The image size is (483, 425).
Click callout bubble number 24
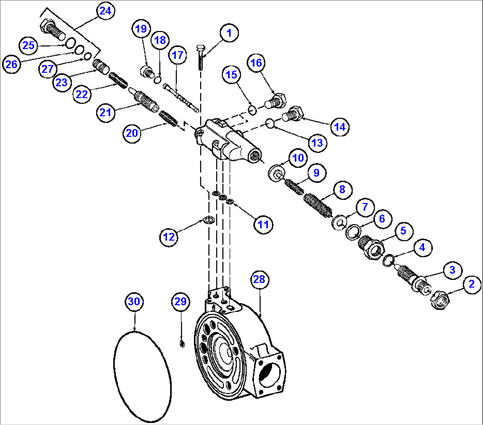click(x=105, y=12)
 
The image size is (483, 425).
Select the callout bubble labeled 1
click(x=229, y=33)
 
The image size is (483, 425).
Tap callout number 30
click(x=134, y=302)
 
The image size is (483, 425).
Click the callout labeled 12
click(x=169, y=237)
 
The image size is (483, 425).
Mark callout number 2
click(x=471, y=284)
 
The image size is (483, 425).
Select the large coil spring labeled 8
click(x=318, y=204)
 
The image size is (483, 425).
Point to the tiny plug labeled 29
click(x=182, y=344)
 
